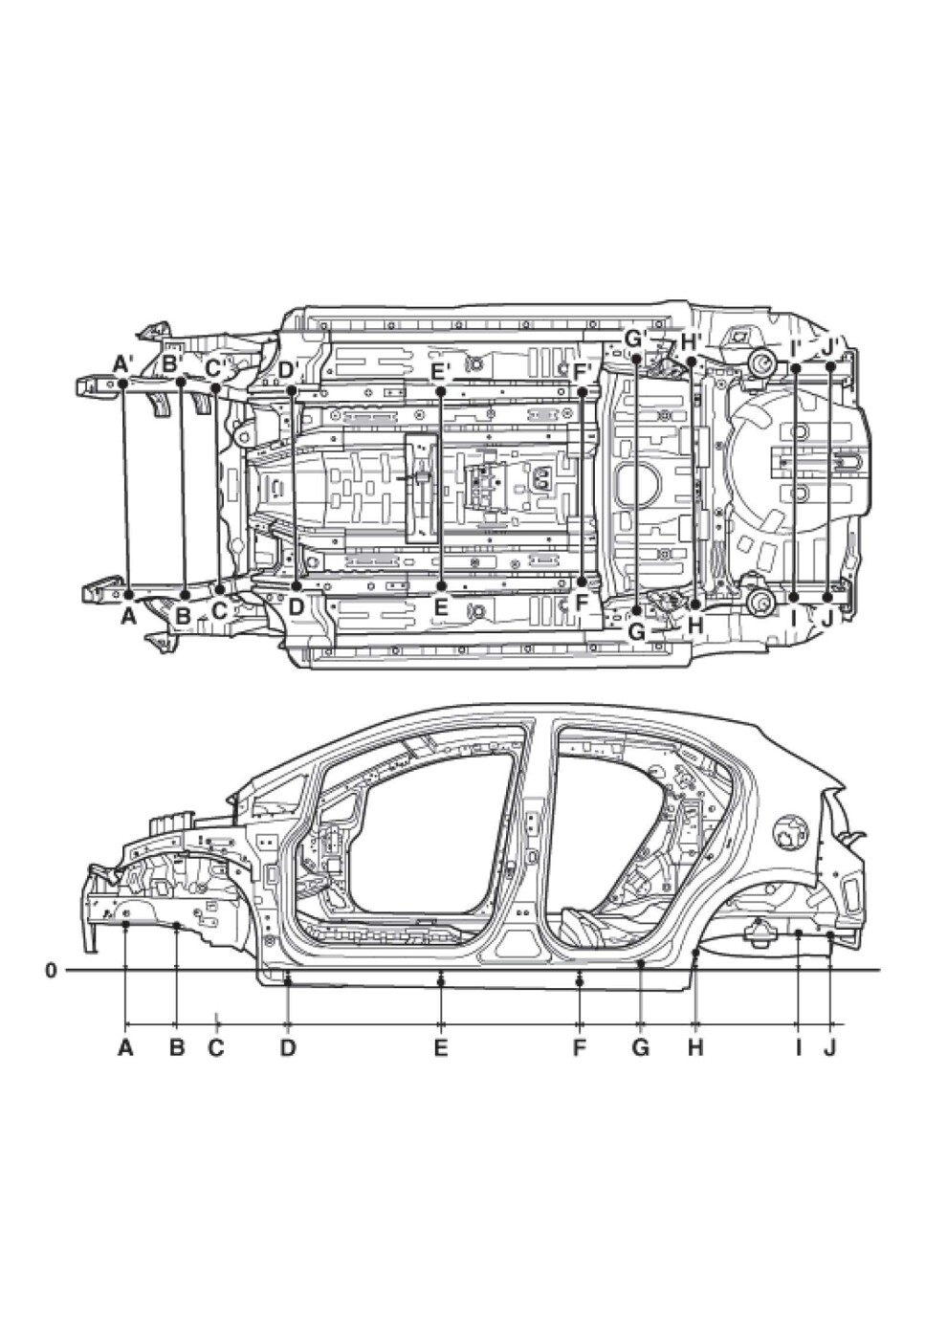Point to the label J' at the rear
[830, 349]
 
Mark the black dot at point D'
[291, 390]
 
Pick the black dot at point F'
[582, 391]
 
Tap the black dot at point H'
[692, 362]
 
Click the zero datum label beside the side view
[51, 969]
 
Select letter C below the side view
[216, 1047]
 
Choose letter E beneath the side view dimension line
[441, 1047]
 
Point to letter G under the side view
[640, 1047]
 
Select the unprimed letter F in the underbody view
[582, 604]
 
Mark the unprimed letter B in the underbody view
[183, 615]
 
